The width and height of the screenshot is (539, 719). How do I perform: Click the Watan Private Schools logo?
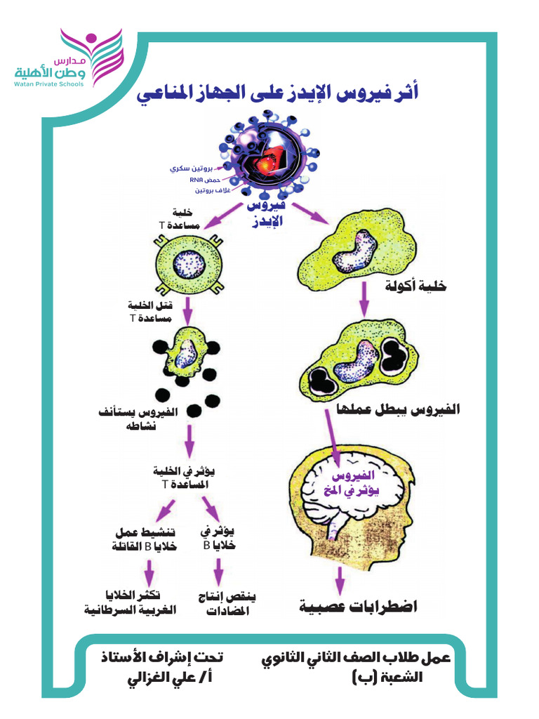point(69,58)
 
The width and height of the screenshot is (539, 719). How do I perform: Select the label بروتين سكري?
point(191,169)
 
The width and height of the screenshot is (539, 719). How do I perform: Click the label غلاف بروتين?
point(212,190)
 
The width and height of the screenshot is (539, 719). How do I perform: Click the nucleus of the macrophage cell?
point(354,251)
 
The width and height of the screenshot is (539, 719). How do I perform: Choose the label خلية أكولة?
point(415,286)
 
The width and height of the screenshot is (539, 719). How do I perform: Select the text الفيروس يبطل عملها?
point(399,409)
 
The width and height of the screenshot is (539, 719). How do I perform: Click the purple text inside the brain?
point(352,483)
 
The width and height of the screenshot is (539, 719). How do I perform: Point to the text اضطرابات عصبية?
point(359,606)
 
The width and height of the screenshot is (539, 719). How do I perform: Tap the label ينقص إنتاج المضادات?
point(227,603)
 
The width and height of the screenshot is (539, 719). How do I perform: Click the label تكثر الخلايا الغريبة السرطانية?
point(130,602)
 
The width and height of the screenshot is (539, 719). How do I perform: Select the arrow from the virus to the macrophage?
point(310,213)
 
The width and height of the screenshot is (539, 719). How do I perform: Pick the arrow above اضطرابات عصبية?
point(339,581)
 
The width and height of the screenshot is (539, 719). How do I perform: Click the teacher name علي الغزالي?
point(170,678)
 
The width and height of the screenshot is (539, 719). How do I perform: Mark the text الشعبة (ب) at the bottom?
point(387,678)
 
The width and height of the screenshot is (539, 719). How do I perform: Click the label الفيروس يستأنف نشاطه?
point(138,418)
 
